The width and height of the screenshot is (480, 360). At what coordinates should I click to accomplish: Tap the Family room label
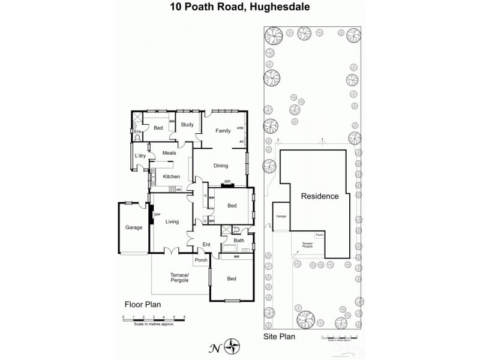[x=223, y=130]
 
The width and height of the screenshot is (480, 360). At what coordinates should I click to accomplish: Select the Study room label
[x=187, y=125]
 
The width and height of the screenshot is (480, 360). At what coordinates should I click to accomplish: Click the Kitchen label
[x=172, y=176]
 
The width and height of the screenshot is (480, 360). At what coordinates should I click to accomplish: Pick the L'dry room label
[x=140, y=156]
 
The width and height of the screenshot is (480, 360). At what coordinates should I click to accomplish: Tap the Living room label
[x=172, y=222]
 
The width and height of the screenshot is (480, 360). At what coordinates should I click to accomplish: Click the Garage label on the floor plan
[x=133, y=227]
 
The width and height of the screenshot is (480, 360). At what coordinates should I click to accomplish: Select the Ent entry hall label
[x=206, y=245]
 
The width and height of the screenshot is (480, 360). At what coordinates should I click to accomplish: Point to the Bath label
[x=238, y=240]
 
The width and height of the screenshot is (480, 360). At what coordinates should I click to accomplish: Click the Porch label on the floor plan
[x=201, y=260]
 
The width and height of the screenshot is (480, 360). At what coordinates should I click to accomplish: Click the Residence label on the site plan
[x=319, y=196]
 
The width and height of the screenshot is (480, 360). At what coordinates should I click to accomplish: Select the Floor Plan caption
[x=140, y=304]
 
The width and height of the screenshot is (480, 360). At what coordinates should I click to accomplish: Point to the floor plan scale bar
[x=154, y=320]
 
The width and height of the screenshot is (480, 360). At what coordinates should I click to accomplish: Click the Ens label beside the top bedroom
[x=137, y=131]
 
